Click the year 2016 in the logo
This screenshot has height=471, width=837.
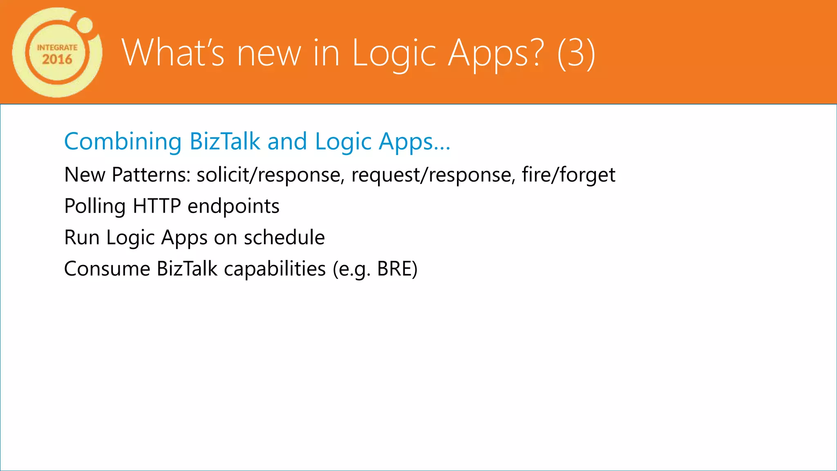(x=57, y=60)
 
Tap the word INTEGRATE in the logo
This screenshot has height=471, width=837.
(x=57, y=47)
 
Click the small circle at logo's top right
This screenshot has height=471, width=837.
(x=85, y=25)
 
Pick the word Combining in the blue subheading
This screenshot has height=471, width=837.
(x=123, y=141)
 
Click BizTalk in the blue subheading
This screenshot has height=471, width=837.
(x=225, y=141)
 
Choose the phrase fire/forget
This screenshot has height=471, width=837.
(x=568, y=175)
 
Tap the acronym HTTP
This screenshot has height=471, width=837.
(x=157, y=206)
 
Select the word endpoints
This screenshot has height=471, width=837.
(x=233, y=206)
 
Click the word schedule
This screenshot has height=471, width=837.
(x=284, y=238)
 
